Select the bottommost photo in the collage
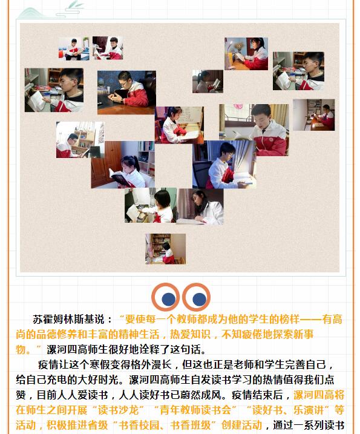pyautogui.click(x=165, y=249)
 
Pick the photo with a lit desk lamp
pyautogui.click(x=246, y=53)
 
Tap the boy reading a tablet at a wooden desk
pyautogui.click(x=126, y=92)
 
